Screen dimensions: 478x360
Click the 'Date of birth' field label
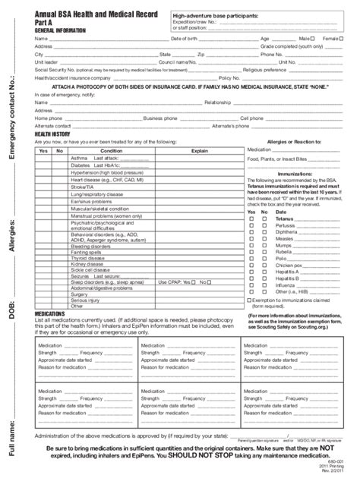point(185,38)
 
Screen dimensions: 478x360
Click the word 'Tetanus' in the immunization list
point(286,219)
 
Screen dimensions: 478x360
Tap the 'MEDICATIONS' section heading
point(50,312)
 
